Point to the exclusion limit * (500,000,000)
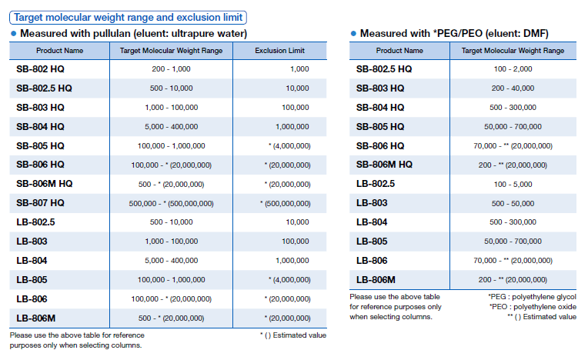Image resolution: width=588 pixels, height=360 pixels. pyautogui.click(x=289, y=203)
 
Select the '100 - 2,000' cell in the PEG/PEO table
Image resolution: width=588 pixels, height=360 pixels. pyautogui.click(x=513, y=69)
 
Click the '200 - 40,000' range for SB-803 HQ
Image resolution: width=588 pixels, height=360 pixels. pyautogui.click(x=513, y=88)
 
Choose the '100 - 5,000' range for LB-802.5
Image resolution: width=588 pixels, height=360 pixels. pyautogui.click(x=513, y=184)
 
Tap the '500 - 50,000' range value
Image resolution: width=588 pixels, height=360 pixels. pyautogui.click(x=513, y=203)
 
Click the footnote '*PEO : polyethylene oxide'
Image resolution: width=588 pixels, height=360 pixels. pyautogui.click(x=532, y=306)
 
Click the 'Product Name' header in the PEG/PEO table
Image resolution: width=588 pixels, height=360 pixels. pyautogui.click(x=399, y=51)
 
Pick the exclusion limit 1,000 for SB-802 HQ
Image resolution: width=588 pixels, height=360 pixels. pyautogui.click(x=299, y=69)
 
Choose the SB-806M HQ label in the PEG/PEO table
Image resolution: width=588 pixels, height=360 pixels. pyautogui.click(x=384, y=165)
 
